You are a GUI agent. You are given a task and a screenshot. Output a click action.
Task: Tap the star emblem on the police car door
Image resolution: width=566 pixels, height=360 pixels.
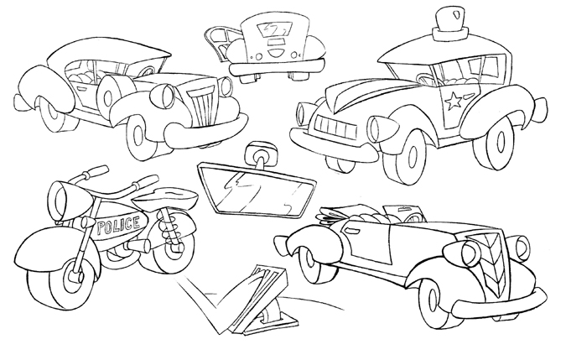[454, 101]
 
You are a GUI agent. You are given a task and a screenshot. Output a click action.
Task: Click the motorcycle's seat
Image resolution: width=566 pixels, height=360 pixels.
[168, 196]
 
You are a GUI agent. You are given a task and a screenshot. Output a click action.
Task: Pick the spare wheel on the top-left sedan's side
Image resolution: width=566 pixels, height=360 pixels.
[112, 96]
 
